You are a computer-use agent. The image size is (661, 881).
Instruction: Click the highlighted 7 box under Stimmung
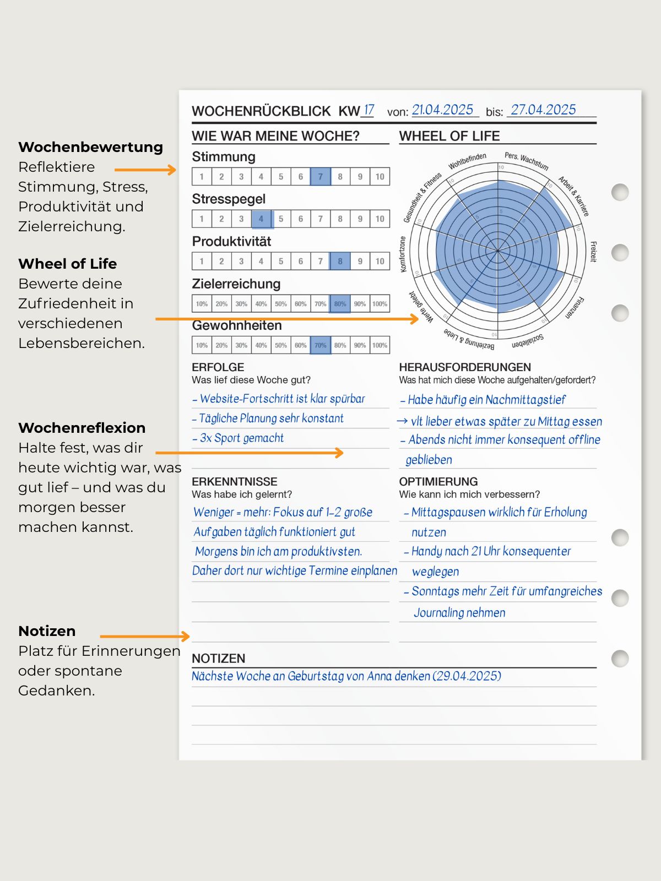pos(321,177)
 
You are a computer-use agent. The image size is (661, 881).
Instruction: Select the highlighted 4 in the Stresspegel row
pos(261,219)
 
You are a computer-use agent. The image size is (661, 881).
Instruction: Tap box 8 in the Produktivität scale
pos(340,261)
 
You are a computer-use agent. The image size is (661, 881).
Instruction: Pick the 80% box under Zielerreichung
pos(340,304)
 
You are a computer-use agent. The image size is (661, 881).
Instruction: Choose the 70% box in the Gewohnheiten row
pos(321,345)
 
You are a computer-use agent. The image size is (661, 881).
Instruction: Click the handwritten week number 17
pos(369,110)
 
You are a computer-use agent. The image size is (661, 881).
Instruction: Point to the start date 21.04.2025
pos(443,110)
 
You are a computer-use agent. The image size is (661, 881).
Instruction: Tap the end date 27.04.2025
pos(543,110)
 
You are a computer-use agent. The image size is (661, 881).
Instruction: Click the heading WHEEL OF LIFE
pos(449,136)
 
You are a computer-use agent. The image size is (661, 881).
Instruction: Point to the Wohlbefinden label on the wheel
pos(467,161)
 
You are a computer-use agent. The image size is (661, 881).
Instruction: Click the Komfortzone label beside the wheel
pos(403,254)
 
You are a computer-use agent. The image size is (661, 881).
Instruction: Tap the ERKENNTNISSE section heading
pos(235,481)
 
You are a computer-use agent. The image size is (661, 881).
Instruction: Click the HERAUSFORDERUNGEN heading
pos(465,367)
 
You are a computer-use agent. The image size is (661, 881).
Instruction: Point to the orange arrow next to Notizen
pos(145,637)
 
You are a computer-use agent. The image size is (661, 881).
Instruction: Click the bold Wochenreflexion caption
pos(82,428)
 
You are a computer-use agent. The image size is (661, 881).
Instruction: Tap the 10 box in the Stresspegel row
pos(380,219)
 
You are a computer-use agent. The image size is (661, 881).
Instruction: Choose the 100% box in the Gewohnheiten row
pos(380,345)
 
